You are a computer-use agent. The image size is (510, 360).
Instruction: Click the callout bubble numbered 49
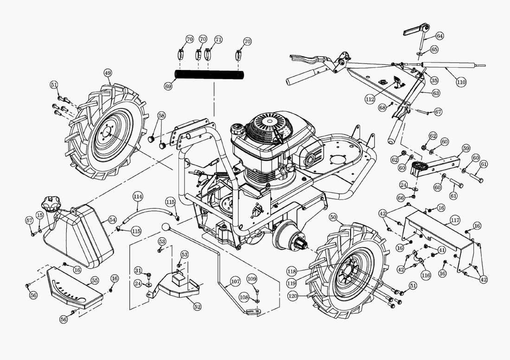tap(108, 73)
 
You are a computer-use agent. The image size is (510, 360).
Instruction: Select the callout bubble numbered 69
tap(168, 86)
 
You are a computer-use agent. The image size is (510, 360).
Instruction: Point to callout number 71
tap(218, 39)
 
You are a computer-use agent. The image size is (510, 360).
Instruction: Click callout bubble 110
tap(460, 82)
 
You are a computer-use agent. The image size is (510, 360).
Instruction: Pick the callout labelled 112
tap(370, 100)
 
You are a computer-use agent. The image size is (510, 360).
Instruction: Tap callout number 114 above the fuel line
tap(137, 196)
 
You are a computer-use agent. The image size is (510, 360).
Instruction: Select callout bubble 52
tap(198, 306)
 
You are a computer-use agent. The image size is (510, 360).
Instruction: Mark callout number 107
tap(235, 281)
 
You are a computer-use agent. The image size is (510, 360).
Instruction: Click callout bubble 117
tap(455, 221)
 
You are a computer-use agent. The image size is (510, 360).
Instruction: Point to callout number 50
tap(333, 217)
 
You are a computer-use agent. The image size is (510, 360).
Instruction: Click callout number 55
tap(95, 280)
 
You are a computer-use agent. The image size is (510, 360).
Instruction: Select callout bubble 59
tap(466, 149)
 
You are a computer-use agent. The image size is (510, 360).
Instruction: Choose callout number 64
tap(440, 36)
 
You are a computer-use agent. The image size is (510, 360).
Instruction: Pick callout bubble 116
tap(426, 275)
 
